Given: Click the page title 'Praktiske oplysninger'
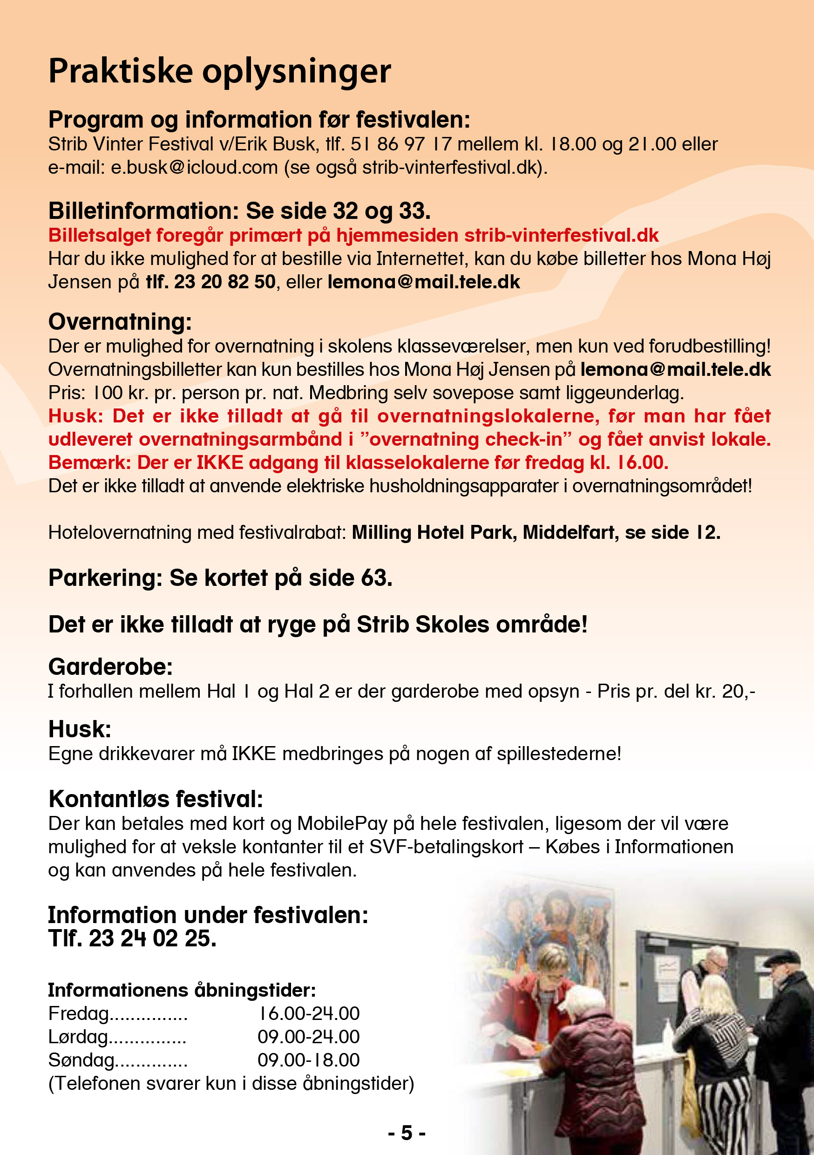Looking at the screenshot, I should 219,71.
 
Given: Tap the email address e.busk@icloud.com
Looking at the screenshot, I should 194,168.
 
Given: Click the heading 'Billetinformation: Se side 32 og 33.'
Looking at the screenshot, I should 239,211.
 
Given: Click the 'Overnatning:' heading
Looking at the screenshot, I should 120,322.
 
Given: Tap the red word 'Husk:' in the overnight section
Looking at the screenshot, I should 75,416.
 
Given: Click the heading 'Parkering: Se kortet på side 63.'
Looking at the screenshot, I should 220,578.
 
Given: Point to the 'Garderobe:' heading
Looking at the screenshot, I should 111,667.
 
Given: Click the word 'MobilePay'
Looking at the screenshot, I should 342,823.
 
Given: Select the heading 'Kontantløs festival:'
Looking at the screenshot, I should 156,799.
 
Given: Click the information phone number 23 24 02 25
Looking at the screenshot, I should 152,938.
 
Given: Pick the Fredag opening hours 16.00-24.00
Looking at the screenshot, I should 309,1013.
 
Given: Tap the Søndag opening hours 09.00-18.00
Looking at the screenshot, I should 309,1060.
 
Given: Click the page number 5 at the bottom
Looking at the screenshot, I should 407,1133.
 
